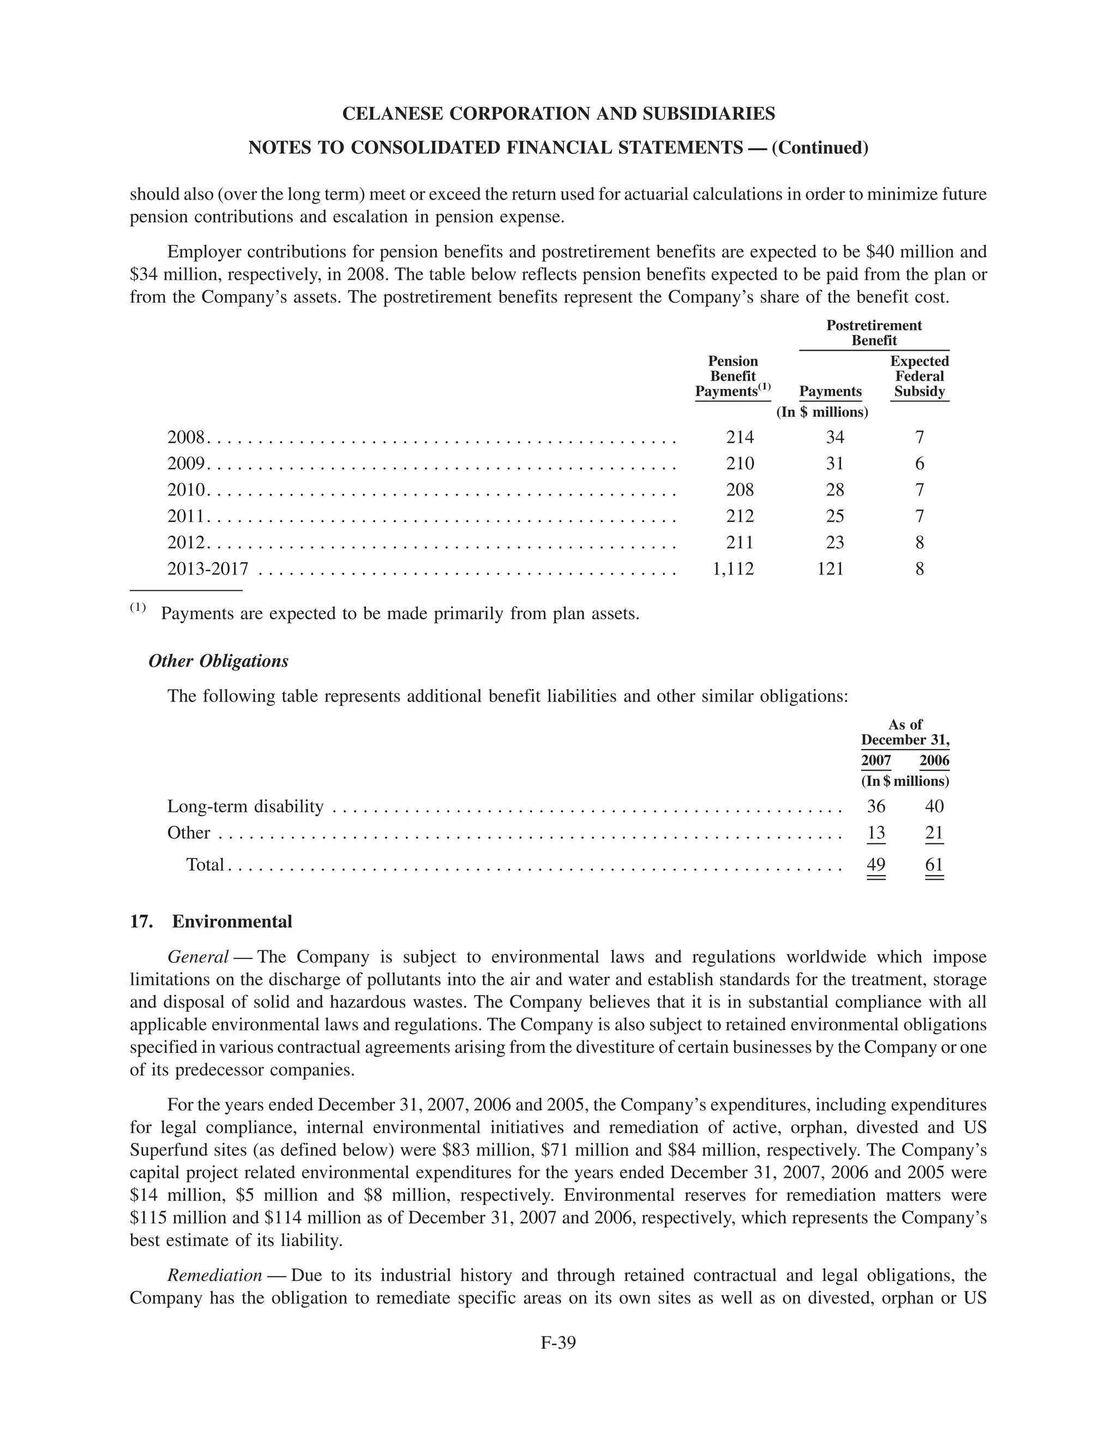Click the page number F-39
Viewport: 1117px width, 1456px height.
[558, 1343]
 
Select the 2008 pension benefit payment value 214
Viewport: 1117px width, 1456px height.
[740, 437]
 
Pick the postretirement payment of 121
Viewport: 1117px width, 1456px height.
[831, 568]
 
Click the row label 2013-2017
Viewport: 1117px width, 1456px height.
[207, 568]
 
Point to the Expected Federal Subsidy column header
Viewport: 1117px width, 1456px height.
[919, 376]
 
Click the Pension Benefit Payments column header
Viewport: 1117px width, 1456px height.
[732, 376]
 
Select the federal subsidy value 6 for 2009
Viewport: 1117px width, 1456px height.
[920, 463]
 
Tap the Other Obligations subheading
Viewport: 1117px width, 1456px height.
[219, 661]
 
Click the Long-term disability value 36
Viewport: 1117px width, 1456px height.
[876, 806]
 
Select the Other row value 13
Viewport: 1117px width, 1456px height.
[876, 832]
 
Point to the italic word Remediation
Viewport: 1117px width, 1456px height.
[214, 1275]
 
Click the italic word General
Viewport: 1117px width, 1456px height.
[198, 957]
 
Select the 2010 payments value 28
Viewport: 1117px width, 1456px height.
[834, 490]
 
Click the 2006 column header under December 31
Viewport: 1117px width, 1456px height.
[934, 760]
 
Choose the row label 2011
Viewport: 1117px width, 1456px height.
[185, 516]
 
